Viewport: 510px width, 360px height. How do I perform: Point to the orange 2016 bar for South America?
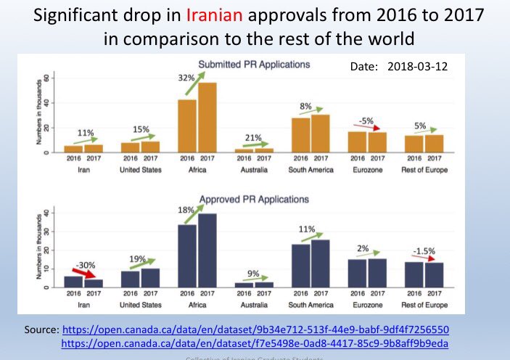point(300,135)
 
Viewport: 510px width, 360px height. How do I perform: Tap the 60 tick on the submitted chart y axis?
point(47,78)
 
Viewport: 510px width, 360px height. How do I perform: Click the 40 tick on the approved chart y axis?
point(47,213)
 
